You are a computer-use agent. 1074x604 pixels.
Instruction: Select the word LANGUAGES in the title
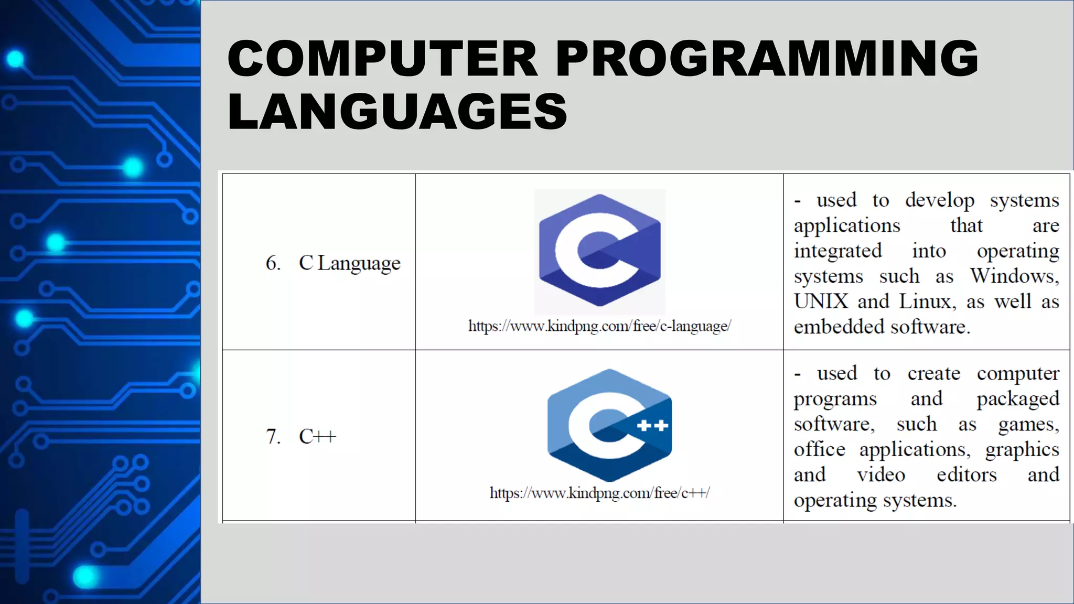(x=397, y=111)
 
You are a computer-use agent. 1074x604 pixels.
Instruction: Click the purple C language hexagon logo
(x=599, y=251)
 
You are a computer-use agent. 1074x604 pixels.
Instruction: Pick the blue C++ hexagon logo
(x=609, y=425)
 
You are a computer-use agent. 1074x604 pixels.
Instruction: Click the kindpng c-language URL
(x=599, y=326)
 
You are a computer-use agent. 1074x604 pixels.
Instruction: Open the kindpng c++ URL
(x=599, y=493)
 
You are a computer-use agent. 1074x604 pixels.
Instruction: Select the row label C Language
(x=349, y=263)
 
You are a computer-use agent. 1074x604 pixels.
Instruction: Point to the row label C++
(x=317, y=436)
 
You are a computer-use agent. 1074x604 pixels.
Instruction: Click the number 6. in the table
(x=273, y=263)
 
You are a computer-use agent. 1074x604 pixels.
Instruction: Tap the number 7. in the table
(x=273, y=436)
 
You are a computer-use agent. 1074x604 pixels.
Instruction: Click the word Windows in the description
(x=1014, y=276)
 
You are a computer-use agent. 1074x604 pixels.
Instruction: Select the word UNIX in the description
(x=821, y=301)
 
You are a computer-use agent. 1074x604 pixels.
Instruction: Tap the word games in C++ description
(x=1028, y=424)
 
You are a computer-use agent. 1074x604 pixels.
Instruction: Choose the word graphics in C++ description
(x=1022, y=450)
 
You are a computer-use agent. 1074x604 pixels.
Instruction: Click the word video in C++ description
(x=881, y=475)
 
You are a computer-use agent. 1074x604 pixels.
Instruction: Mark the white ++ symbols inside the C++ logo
(x=652, y=425)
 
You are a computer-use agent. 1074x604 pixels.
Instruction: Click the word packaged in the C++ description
(x=1018, y=399)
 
